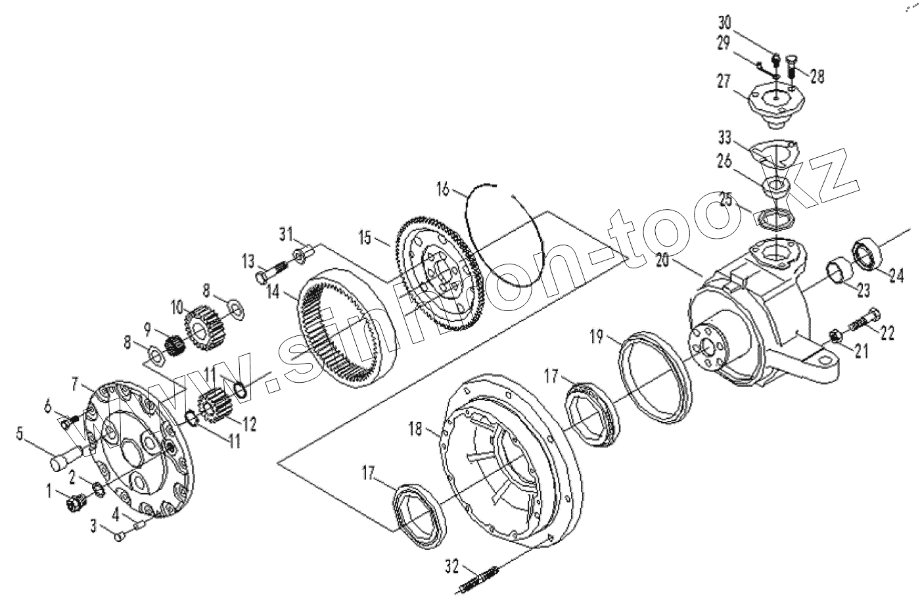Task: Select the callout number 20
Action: pos(663,261)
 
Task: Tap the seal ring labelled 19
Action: pos(655,375)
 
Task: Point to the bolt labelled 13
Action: pos(271,270)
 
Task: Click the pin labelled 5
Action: pos(66,457)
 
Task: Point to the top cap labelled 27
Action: pos(775,105)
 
